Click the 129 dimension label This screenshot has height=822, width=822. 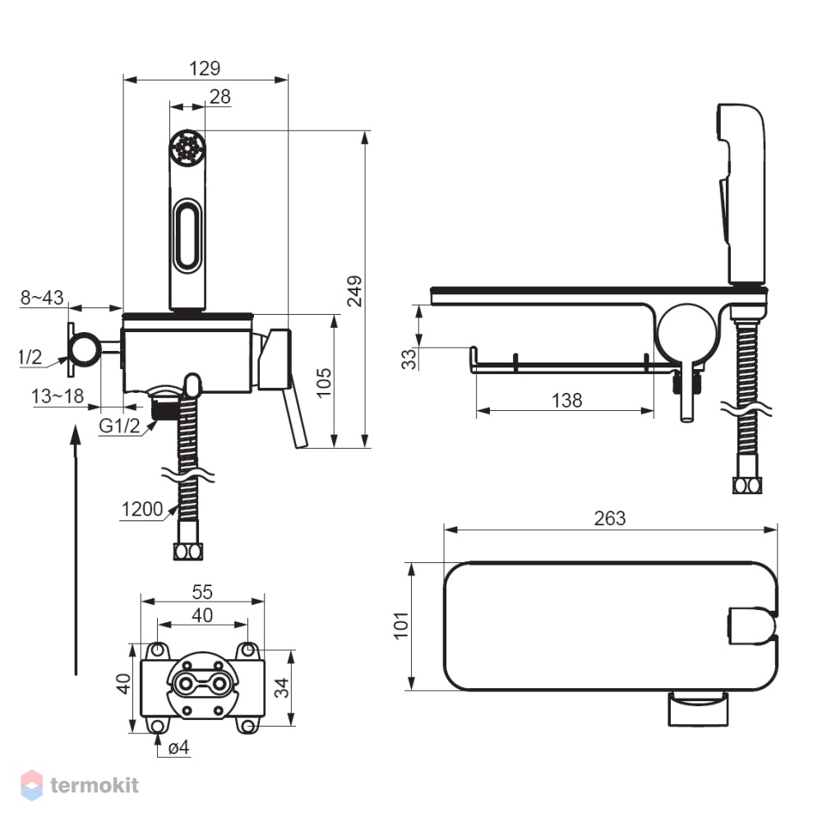[x=205, y=68]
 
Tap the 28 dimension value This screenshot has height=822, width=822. [x=220, y=96]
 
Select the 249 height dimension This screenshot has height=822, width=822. [x=355, y=291]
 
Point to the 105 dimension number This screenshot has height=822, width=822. [x=324, y=383]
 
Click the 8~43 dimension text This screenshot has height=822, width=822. [x=42, y=298]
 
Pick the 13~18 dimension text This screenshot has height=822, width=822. [x=58, y=396]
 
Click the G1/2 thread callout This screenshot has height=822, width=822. [x=119, y=426]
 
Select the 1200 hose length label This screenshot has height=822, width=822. [x=142, y=509]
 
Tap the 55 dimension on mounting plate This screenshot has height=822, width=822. [x=202, y=592]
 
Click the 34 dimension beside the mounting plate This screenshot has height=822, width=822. [x=282, y=688]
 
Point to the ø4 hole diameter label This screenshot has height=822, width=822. [x=178, y=747]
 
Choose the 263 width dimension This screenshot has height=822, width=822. [x=610, y=519]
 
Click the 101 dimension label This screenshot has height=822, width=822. [x=401, y=625]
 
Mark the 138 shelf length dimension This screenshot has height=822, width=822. [x=566, y=400]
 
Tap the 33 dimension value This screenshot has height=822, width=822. [x=409, y=359]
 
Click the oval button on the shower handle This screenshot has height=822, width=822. [x=187, y=235]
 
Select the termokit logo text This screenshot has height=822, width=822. [x=95, y=785]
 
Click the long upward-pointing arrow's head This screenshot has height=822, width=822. [x=76, y=435]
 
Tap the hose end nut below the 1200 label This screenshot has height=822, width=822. [x=187, y=552]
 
